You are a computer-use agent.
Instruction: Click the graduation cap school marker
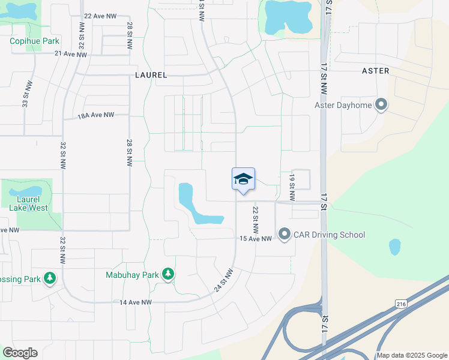243,179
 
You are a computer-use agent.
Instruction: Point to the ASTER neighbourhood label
376,71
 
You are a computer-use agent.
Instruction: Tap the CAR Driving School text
329,235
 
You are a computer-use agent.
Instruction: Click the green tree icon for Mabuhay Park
168,275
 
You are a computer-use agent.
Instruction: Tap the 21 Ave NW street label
71,54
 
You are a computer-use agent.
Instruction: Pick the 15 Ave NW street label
256,239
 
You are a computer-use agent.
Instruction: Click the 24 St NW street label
223,280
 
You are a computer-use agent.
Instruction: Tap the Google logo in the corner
20,353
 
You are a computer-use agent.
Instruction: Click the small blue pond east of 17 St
394,247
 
